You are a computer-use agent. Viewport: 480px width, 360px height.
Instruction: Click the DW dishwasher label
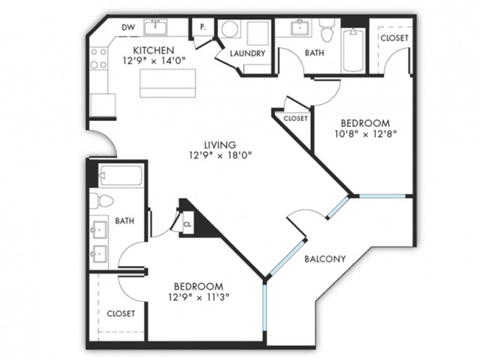pyautogui.click(x=128, y=28)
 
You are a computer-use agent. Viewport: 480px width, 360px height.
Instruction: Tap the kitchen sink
pyautogui.click(x=156, y=27)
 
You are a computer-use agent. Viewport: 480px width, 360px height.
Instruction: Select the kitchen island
pyautogui.click(x=168, y=83)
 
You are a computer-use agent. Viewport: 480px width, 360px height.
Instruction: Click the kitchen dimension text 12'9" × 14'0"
pyautogui.click(x=154, y=61)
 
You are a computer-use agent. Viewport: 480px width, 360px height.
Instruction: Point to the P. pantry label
pyautogui.click(x=203, y=27)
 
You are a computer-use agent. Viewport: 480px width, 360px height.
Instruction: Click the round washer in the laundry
pyautogui.click(x=229, y=28)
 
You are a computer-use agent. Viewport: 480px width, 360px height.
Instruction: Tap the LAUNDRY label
pyautogui.click(x=247, y=53)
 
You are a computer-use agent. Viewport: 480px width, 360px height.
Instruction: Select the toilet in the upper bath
pyautogui.click(x=327, y=31)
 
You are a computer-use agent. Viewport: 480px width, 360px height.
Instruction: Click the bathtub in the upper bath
pyautogui.click(x=353, y=50)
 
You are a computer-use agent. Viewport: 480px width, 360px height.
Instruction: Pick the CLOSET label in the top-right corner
pyautogui.click(x=394, y=38)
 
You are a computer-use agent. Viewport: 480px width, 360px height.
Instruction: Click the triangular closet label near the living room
pyautogui.click(x=295, y=118)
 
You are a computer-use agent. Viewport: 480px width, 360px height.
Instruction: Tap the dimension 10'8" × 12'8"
pyautogui.click(x=365, y=134)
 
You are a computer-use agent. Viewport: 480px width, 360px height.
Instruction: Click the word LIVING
pyautogui.click(x=220, y=145)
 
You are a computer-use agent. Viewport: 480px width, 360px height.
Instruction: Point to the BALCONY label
pyautogui.click(x=325, y=259)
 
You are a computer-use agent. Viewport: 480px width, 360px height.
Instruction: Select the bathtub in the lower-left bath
pyautogui.click(x=121, y=175)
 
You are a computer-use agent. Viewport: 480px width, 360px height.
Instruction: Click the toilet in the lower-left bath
pyautogui.click(x=102, y=202)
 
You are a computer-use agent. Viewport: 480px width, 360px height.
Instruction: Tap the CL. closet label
pyautogui.click(x=188, y=224)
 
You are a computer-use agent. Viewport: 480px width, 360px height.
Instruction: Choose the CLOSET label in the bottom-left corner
pyautogui.click(x=121, y=313)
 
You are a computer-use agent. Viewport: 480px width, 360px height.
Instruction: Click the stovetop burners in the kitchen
pyautogui.click(x=98, y=58)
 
